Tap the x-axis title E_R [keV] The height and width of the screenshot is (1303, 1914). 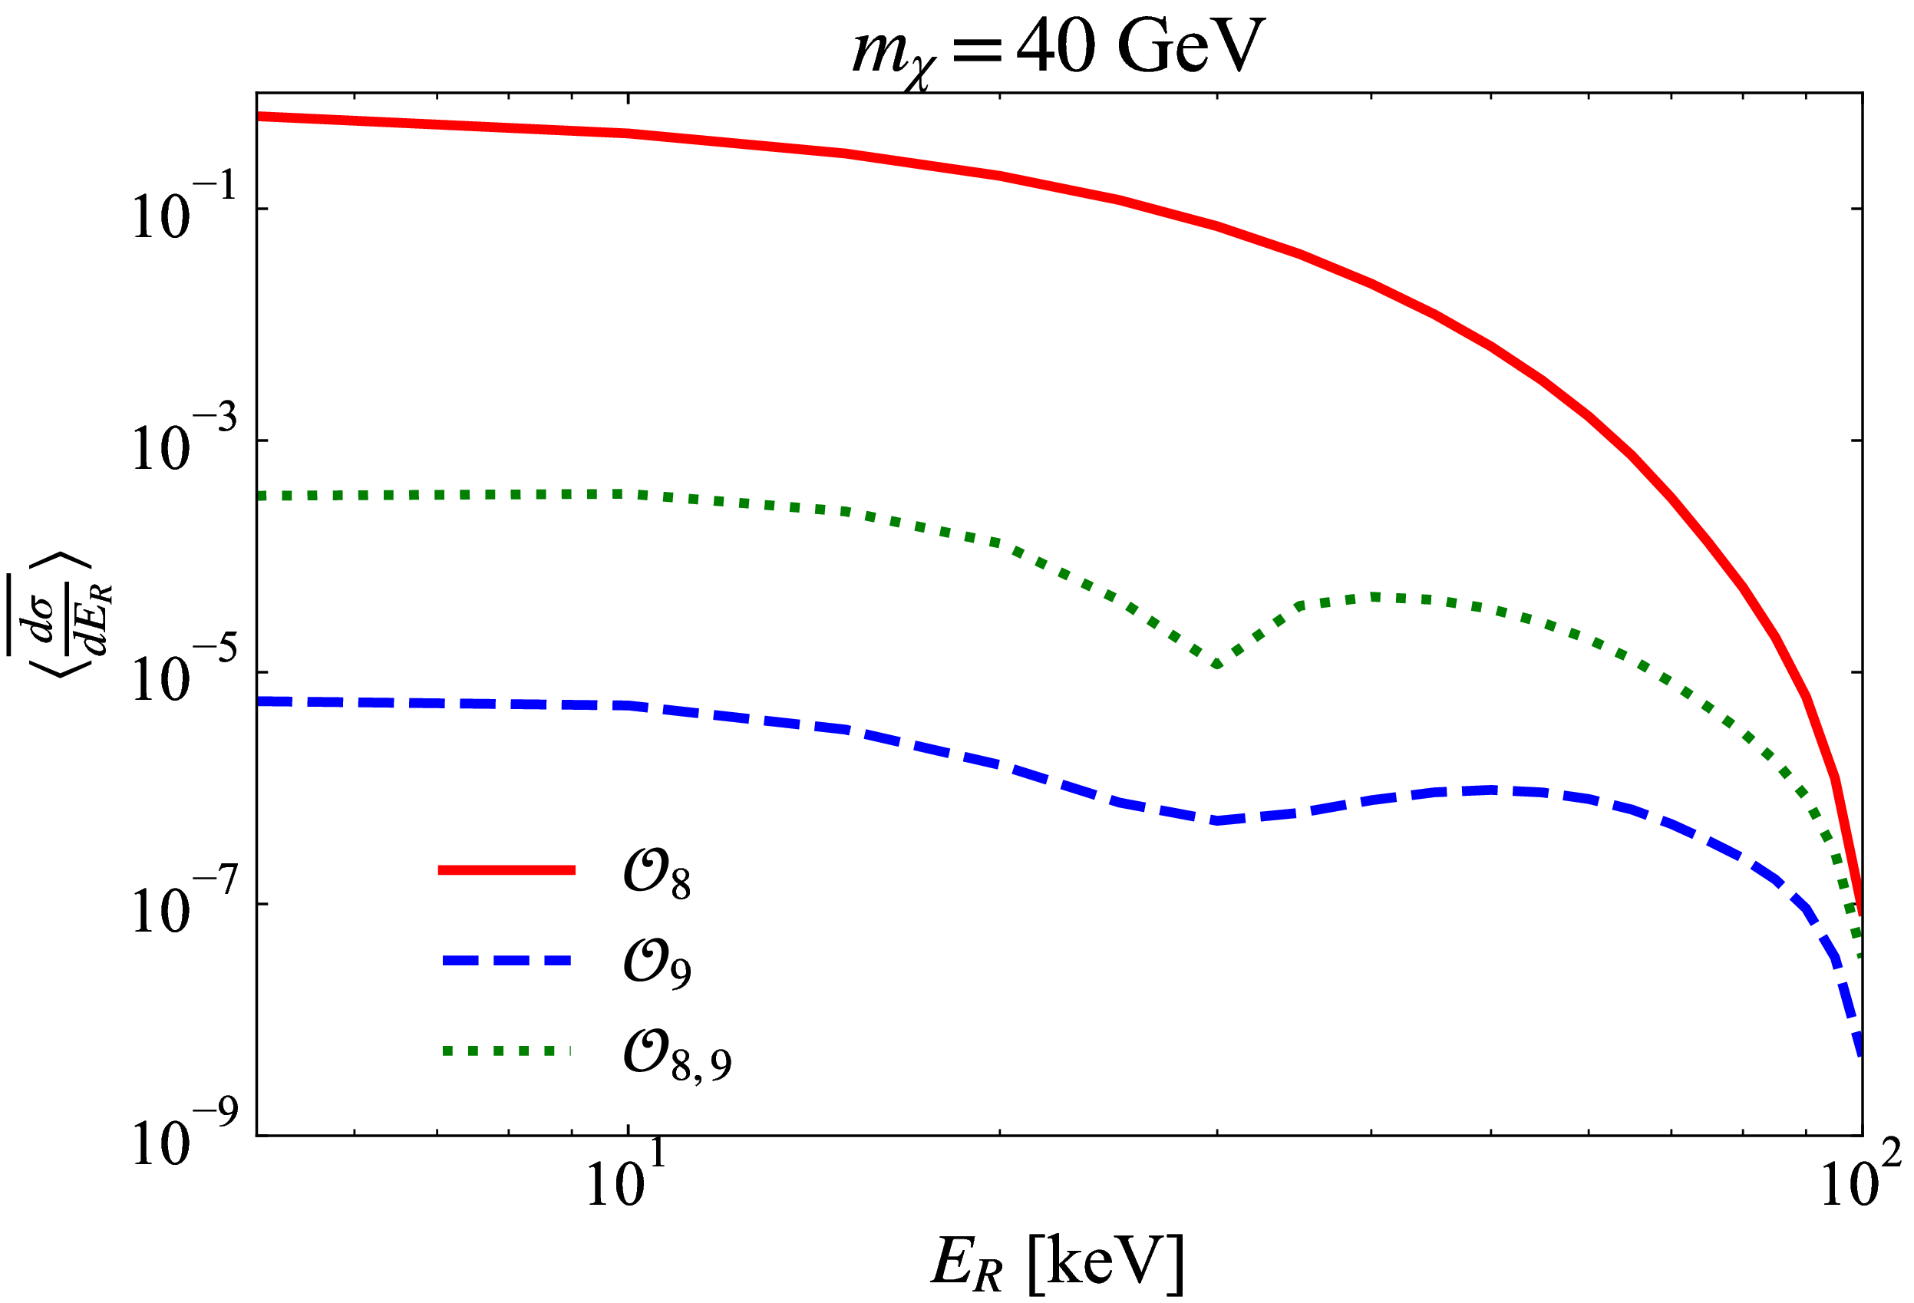click(x=1057, y=1262)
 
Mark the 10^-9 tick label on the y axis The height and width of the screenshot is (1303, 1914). click(x=183, y=1136)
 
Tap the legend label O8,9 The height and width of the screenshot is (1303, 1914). click(x=676, y=1054)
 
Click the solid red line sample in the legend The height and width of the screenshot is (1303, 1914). click(x=506, y=869)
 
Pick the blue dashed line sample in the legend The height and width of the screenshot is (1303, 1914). click(x=506, y=960)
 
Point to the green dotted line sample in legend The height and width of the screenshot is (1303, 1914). click(x=506, y=1051)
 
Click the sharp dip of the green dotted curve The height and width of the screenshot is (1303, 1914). click(x=1216, y=664)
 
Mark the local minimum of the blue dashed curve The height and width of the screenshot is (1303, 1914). click(x=1216, y=820)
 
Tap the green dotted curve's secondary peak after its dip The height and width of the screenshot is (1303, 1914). click(x=1374, y=596)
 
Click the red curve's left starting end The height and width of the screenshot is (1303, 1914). click(x=260, y=116)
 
